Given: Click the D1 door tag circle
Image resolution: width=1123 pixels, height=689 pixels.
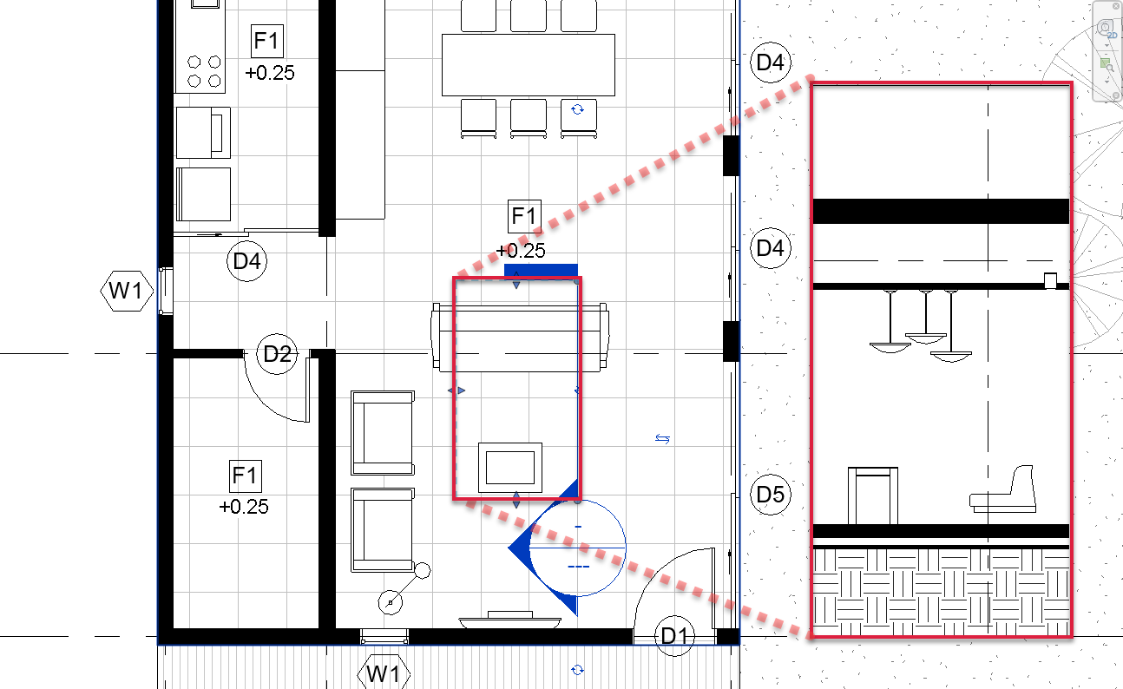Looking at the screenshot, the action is [x=675, y=636].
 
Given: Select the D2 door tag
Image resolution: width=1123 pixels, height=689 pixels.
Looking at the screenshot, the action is [x=277, y=354].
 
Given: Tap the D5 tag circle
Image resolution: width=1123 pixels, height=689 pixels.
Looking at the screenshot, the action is [x=771, y=495].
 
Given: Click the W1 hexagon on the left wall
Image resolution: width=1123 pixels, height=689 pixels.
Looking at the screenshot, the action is [x=127, y=291].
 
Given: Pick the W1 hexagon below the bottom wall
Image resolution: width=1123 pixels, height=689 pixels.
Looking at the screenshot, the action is [x=384, y=673].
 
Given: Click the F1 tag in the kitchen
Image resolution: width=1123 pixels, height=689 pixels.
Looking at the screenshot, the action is [x=266, y=41].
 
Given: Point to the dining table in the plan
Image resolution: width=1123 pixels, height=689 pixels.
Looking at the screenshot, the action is [x=529, y=65].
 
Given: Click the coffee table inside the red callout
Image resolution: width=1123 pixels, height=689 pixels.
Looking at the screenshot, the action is [x=510, y=468].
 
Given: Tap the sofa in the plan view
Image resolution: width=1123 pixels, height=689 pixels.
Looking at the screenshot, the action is [x=520, y=338].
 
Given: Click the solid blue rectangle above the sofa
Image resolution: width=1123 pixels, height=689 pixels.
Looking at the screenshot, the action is [x=541, y=271].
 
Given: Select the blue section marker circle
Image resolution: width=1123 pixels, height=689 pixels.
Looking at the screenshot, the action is [x=577, y=500].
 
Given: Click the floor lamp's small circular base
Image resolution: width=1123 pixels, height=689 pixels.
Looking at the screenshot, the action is [x=390, y=602].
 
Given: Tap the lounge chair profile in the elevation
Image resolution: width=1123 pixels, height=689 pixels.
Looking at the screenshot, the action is [x=1003, y=489].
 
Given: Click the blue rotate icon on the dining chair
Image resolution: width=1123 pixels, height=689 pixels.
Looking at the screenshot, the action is [x=577, y=109].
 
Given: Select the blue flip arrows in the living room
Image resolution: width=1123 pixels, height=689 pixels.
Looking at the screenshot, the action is [x=662, y=439].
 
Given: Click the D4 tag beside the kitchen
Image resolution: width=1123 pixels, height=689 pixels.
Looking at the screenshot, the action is [x=246, y=261].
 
